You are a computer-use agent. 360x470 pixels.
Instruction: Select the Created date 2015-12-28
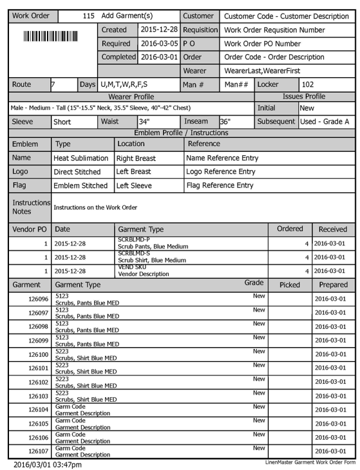point(159,30)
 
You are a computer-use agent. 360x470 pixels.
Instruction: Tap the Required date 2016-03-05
point(159,44)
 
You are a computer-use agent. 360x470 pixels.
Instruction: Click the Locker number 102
point(308,84)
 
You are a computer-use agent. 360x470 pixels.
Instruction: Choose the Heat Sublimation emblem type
point(81,158)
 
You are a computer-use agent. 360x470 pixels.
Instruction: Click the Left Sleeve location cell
point(136,185)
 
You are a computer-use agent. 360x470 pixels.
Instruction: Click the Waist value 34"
point(144,121)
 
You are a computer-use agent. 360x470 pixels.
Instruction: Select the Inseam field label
point(196,121)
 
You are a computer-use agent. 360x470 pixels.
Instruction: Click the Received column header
point(332,229)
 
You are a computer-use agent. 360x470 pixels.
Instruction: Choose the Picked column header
point(289,285)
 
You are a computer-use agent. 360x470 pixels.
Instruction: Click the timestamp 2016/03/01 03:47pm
point(48,464)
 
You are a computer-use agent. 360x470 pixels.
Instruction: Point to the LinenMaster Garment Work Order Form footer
point(310,462)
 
